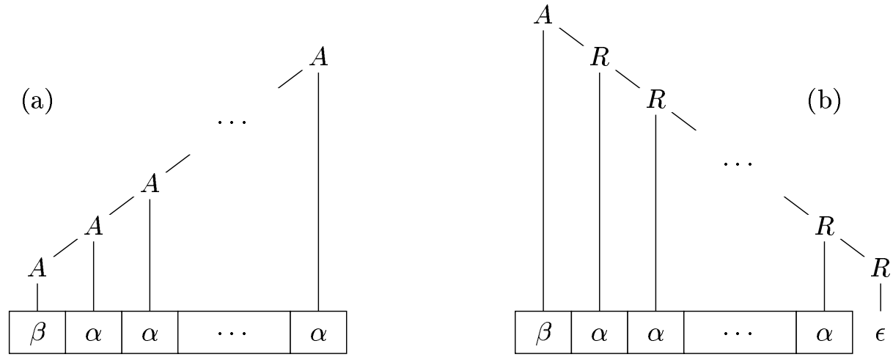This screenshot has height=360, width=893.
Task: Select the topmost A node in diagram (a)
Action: [317, 58]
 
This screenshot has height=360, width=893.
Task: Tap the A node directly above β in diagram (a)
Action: [37, 269]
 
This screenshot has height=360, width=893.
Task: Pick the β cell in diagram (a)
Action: [37, 333]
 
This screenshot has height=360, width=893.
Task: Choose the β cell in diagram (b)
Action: [543, 333]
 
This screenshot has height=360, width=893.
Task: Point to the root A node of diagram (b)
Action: [543, 16]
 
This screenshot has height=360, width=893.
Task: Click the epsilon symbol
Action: [880, 334]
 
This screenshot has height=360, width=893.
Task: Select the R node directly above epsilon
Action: [880, 268]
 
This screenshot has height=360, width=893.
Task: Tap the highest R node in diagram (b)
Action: [600, 58]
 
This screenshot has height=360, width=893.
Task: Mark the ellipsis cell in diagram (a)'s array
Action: [234, 333]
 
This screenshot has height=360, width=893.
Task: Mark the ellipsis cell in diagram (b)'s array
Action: [740, 333]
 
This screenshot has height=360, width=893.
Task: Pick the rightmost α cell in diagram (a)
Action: [318, 333]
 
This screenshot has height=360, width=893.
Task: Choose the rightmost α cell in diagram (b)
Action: [825, 333]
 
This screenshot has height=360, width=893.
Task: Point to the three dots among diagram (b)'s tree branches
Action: [738, 163]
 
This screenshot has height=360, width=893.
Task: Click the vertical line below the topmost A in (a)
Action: [318, 191]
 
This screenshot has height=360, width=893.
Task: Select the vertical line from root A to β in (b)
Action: [543, 169]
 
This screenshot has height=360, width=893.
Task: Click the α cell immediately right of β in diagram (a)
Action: [94, 333]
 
